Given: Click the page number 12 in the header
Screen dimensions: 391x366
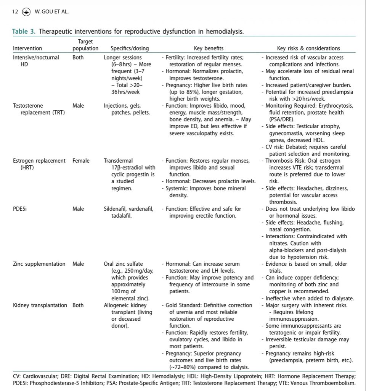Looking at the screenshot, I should (x=15, y=11).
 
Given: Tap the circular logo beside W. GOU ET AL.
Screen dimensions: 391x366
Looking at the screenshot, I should (x=26, y=11).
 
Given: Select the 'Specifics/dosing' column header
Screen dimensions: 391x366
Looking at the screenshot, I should (x=130, y=48).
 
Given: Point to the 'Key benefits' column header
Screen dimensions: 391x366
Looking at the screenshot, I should (x=209, y=48).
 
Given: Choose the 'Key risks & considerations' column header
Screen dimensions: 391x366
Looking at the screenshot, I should (x=308, y=48).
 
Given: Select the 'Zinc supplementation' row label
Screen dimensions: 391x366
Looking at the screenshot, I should (x=39, y=264).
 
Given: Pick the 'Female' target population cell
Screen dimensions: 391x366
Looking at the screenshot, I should (x=81, y=161).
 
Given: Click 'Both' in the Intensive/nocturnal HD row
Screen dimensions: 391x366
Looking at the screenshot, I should (x=78, y=58).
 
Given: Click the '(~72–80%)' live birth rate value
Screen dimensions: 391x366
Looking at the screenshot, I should (x=185, y=367).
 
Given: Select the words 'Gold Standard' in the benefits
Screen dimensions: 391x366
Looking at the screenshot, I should (x=183, y=305).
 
